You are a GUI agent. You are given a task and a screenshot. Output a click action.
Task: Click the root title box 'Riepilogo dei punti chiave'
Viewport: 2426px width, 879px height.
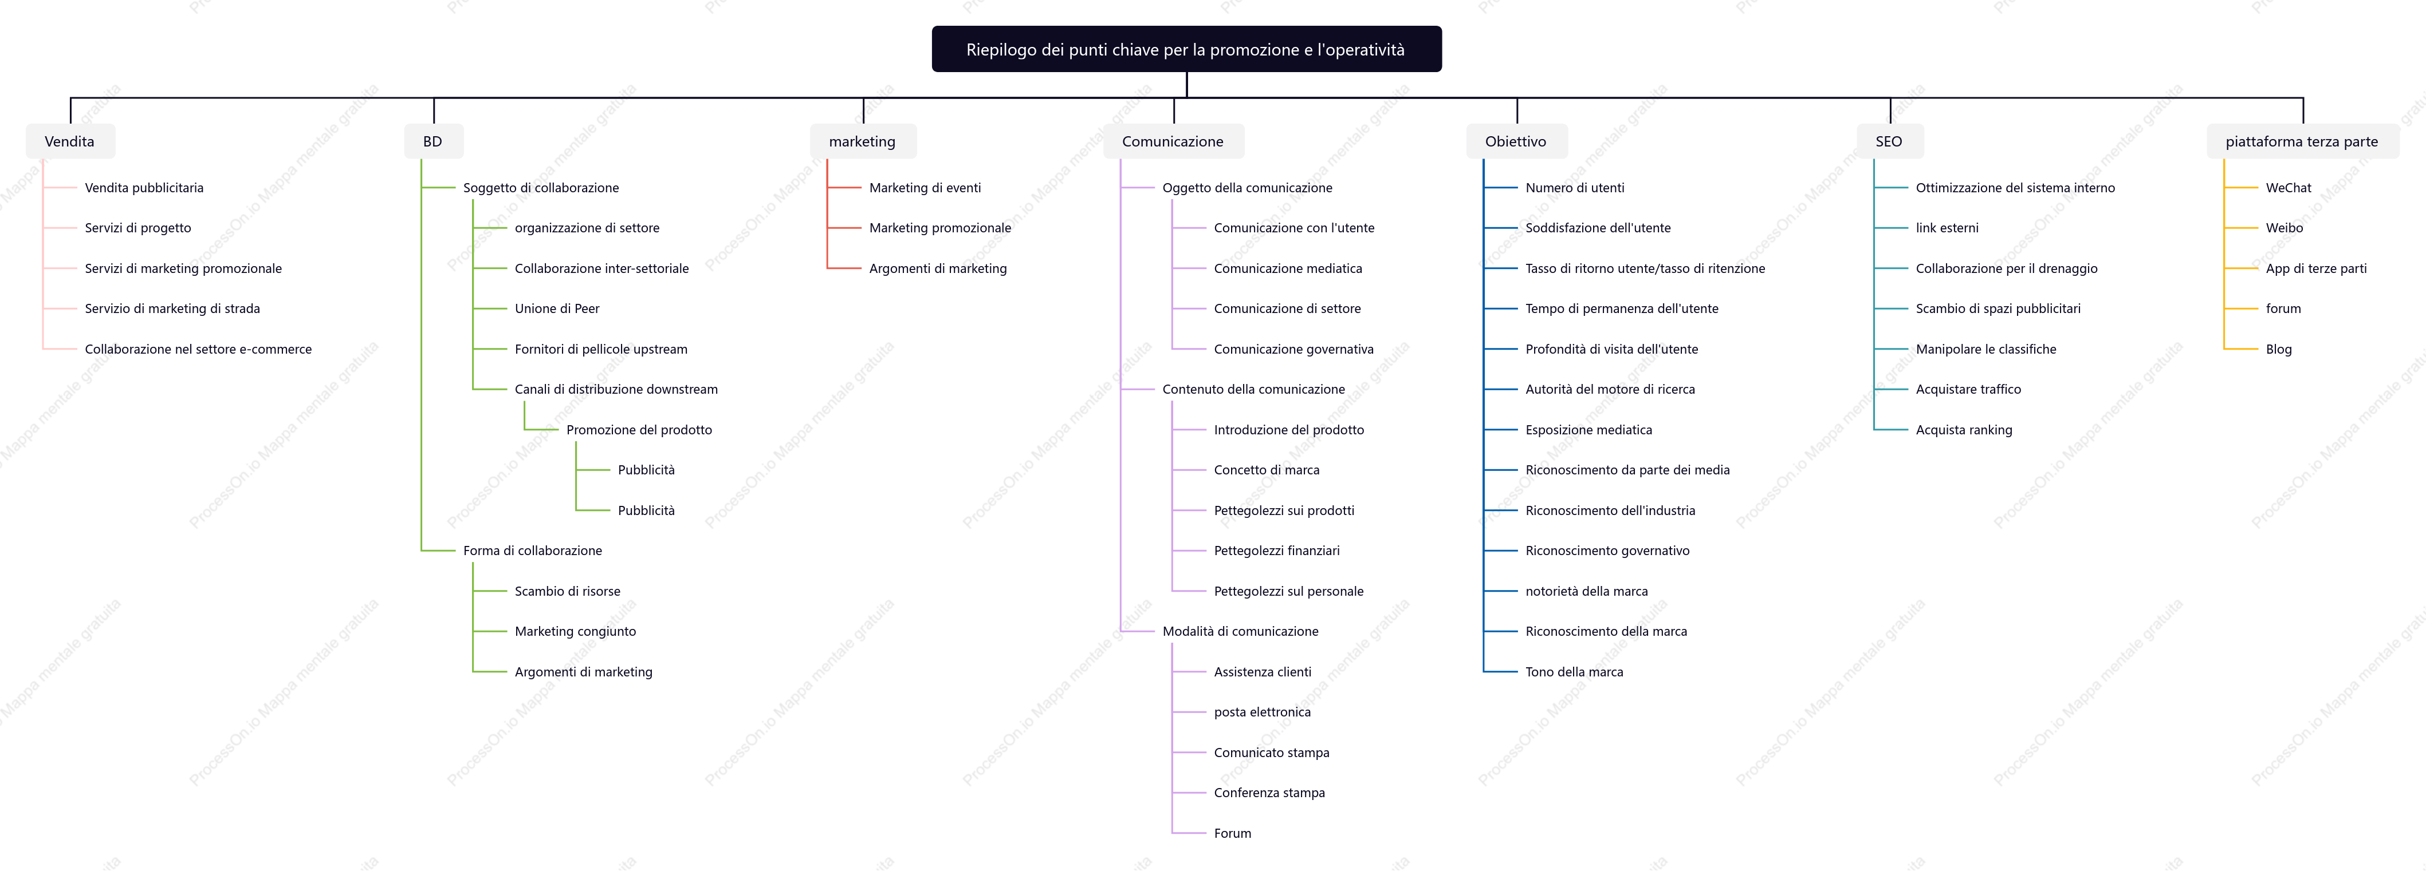click(1186, 49)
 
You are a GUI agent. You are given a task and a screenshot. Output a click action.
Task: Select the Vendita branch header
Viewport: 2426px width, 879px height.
click(70, 141)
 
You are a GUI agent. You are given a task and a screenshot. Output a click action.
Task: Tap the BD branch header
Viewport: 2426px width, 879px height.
click(433, 141)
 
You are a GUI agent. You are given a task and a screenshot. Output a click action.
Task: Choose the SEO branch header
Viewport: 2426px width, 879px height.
click(1889, 141)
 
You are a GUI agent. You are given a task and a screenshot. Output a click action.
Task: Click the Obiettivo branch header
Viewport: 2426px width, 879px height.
click(1516, 141)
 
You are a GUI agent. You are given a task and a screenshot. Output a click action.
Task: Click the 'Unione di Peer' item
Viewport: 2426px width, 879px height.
click(557, 308)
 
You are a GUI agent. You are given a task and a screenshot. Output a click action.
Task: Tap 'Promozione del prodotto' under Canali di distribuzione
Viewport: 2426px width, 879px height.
click(639, 430)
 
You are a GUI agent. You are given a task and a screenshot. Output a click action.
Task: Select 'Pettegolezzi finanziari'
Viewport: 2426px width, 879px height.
click(1276, 551)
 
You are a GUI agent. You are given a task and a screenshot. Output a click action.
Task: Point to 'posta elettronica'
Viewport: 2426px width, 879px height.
click(1262, 712)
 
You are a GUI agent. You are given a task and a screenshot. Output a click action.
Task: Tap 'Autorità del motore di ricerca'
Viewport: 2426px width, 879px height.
click(1610, 390)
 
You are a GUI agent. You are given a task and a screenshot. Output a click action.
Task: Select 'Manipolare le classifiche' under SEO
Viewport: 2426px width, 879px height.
click(1985, 349)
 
